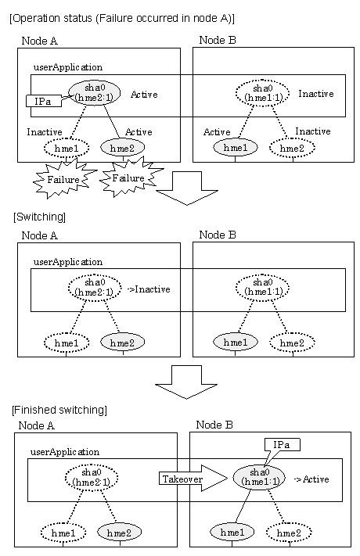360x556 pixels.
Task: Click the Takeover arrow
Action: [x=193, y=479]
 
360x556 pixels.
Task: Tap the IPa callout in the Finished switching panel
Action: [x=282, y=445]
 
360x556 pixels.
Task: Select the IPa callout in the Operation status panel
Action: [x=43, y=102]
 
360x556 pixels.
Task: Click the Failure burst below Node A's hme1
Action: [x=64, y=179]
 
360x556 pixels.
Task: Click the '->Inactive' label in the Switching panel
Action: [x=149, y=289]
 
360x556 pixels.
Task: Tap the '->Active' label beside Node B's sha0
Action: [x=311, y=479]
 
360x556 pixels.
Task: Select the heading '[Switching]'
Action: [x=39, y=217]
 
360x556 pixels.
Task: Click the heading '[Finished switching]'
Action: [x=59, y=410]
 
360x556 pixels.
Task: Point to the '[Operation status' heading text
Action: [x=52, y=18]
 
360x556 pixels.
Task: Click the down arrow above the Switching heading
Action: [x=187, y=188]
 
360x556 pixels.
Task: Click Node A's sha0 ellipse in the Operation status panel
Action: [x=94, y=93]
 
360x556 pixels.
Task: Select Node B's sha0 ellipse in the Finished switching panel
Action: [x=259, y=477]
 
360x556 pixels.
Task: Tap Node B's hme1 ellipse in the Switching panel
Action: [x=236, y=343]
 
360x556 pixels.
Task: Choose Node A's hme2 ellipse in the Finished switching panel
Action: [x=119, y=533]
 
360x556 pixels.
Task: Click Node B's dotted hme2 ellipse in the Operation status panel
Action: [x=292, y=148]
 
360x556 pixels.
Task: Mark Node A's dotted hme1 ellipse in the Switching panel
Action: [x=67, y=343]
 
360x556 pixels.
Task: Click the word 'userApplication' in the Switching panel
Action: [x=68, y=262]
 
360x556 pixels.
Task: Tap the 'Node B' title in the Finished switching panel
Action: [x=214, y=425]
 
